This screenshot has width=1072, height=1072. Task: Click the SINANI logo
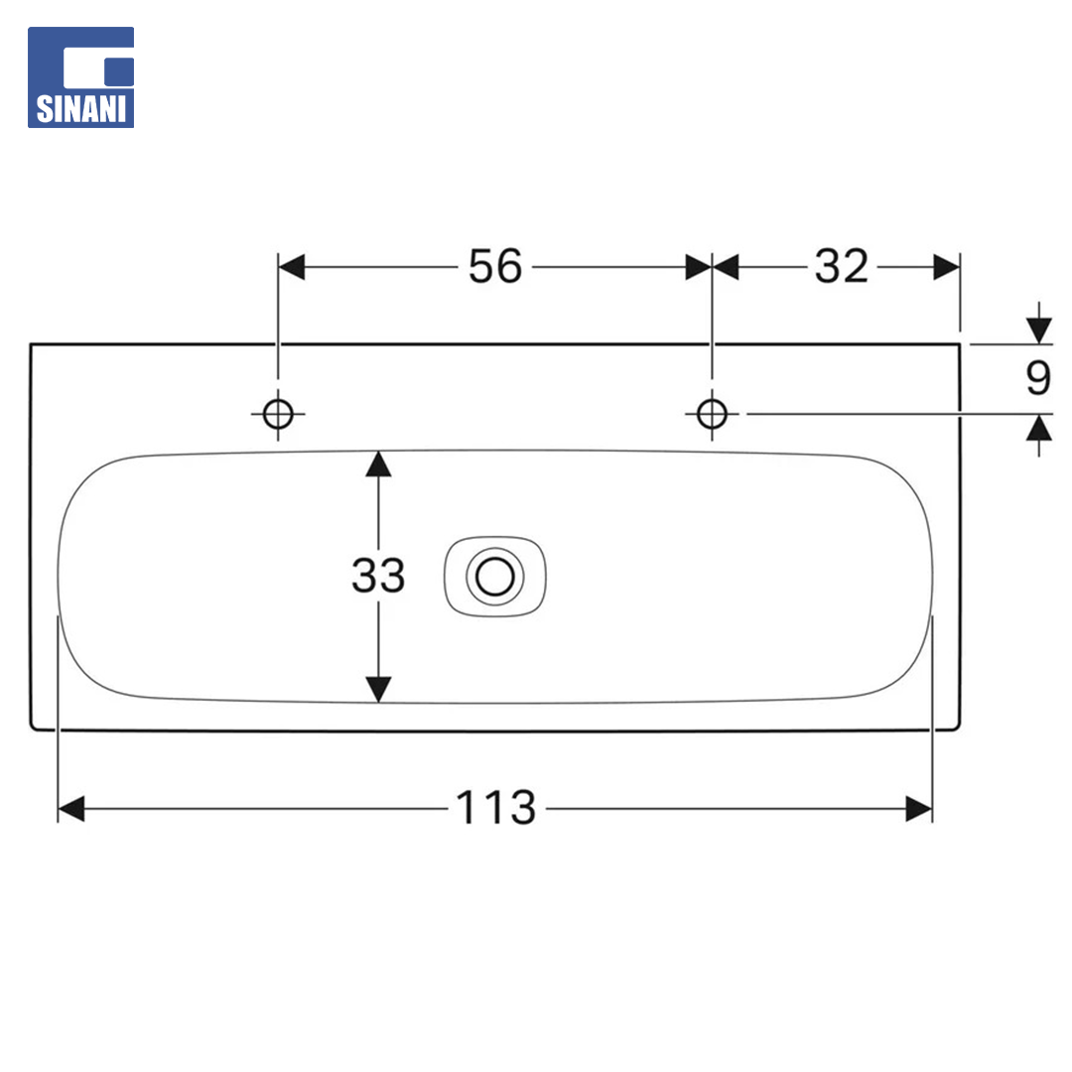point(80,77)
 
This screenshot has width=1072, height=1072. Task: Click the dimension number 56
point(495,266)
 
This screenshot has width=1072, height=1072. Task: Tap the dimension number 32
point(841,266)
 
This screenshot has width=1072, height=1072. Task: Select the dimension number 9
point(1038,378)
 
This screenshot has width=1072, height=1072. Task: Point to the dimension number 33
point(378,575)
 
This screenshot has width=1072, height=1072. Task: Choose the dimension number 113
point(495,808)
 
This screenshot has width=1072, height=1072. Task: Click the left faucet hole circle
point(278,414)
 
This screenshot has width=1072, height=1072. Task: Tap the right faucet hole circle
point(712,414)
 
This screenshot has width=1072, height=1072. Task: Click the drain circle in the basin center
point(495,577)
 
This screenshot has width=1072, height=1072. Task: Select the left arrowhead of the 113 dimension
point(71,809)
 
